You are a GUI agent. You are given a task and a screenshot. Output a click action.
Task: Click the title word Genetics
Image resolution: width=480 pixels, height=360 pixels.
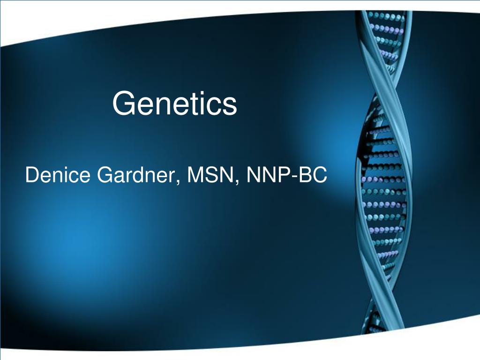click(x=174, y=103)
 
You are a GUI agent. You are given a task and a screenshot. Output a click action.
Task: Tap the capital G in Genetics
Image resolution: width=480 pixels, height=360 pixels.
click(x=124, y=103)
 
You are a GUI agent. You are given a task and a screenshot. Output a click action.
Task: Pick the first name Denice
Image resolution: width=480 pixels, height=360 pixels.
click(x=58, y=175)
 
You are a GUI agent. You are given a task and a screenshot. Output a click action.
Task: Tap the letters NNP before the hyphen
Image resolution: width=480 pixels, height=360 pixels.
click(x=269, y=175)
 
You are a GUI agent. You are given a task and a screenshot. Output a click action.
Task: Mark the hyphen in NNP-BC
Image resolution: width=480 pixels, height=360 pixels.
click(x=294, y=177)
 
